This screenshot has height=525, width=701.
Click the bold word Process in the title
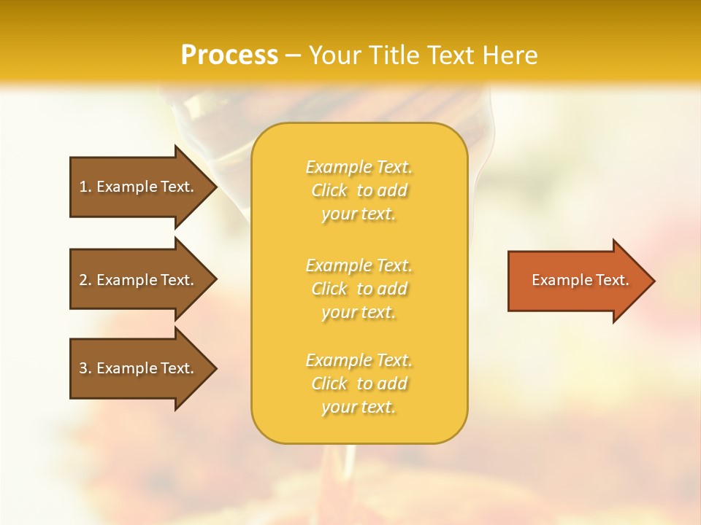(229, 55)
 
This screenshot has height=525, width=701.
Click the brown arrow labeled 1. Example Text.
(139, 187)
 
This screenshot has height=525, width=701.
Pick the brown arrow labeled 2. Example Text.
(139, 280)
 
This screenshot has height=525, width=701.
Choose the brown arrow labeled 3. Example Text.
(139, 368)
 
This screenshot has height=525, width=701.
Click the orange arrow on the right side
(577, 281)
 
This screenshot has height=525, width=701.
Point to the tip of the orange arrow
(652, 281)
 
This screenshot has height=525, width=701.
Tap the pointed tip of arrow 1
(214, 187)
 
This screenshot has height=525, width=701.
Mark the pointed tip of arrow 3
(214, 368)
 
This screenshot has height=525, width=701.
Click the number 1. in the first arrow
(85, 187)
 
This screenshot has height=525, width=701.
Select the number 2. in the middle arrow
(85, 280)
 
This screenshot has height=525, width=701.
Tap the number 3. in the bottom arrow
(85, 368)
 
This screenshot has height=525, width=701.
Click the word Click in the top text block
(329, 191)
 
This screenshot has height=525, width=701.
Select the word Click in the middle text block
(329, 289)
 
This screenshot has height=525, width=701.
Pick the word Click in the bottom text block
(329, 384)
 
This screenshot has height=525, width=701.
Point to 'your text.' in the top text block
(359, 214)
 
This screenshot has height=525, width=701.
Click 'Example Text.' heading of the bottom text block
(359, 360)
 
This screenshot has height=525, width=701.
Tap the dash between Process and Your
(294, 55)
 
